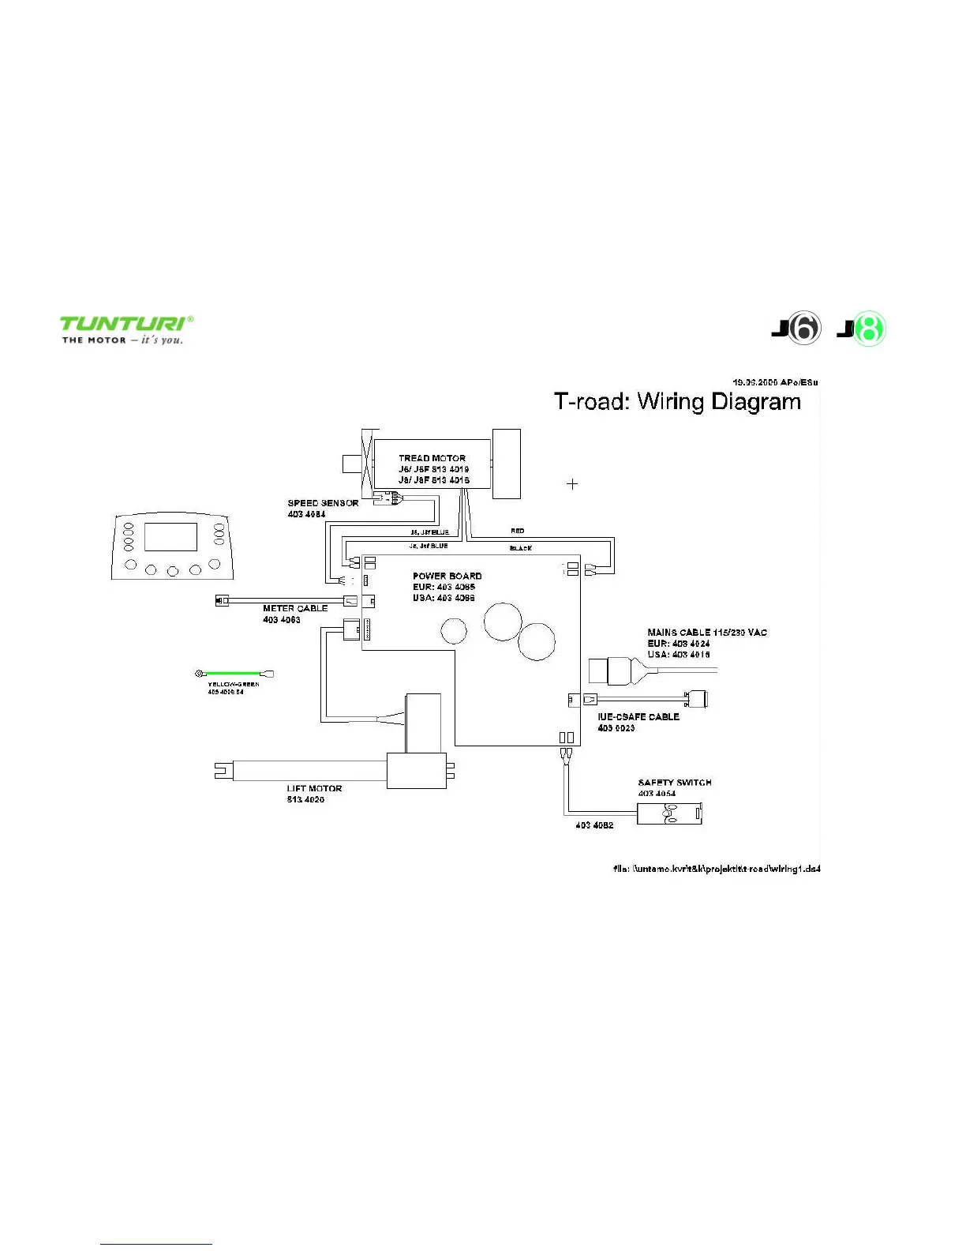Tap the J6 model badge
point(797,329)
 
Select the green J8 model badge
point(862,329)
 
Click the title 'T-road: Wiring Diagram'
point(677,402)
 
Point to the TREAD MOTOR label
point(432,458)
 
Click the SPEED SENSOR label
point(323,503)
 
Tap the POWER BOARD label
point(447,576)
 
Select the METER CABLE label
point(295,609)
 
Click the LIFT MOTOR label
point(314,788)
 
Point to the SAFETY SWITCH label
point(675,783)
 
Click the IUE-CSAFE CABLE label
point(638,717)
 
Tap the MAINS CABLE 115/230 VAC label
point(707,633)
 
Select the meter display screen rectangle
point(170,536)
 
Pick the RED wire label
point(518,531)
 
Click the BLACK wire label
point(521,548)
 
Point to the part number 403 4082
point(594,825)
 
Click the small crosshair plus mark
point(572,483)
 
